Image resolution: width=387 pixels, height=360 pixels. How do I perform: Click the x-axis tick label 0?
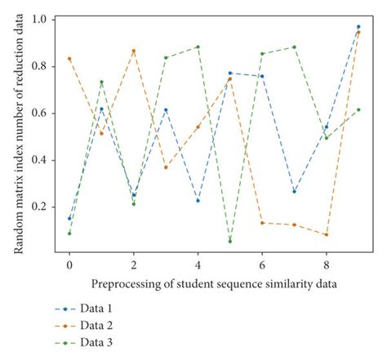click(x=69, y=265)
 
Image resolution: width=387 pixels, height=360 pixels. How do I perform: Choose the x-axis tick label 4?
click(x=198, y=265)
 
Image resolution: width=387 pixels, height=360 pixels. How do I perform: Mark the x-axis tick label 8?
click(x=326, y=265)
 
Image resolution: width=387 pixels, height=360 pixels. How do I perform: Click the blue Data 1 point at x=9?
click(x=358, y=27)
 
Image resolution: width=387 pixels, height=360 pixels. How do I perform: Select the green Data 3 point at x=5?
click(x=230, y=242)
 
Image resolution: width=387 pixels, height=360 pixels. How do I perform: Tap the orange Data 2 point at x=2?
click(x=134, y=51)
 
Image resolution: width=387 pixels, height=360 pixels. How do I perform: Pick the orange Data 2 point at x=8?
click(x=326, y=235)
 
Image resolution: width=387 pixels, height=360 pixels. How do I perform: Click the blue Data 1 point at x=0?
click(x=69, y=219)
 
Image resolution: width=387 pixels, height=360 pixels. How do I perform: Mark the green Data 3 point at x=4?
click(x=198, y=47)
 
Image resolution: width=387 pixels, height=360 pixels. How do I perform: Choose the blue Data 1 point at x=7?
click(x=294, y=192)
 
